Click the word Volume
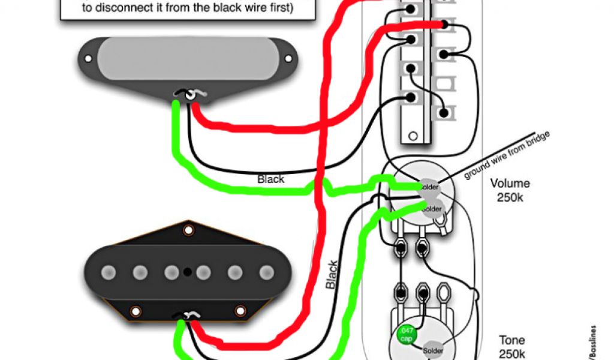click(510, 184)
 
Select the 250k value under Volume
click(510, 197)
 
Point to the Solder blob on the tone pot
click(433, 350)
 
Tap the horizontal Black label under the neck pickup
click(271, 179)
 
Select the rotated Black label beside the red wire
click(332, 275)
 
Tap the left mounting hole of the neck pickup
click(88, 59)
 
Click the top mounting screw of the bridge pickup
click(189, 229)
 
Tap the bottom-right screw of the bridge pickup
click(240, 311)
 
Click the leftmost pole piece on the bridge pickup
click(109, 271)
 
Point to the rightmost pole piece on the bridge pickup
click(266, 271)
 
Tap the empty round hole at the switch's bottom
click(411, 136)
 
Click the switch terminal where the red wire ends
click(444, 25)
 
